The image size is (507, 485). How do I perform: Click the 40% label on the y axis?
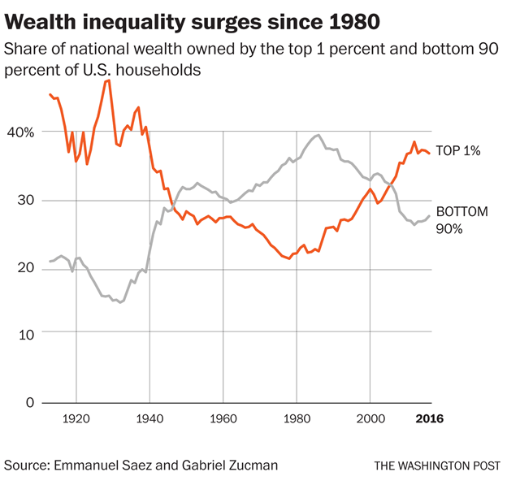19,132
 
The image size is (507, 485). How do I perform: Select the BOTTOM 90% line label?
461,220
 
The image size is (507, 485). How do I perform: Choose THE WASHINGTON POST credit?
435,466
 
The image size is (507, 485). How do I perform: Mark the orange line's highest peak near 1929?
108,80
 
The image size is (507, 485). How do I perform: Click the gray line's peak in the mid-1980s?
318,135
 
